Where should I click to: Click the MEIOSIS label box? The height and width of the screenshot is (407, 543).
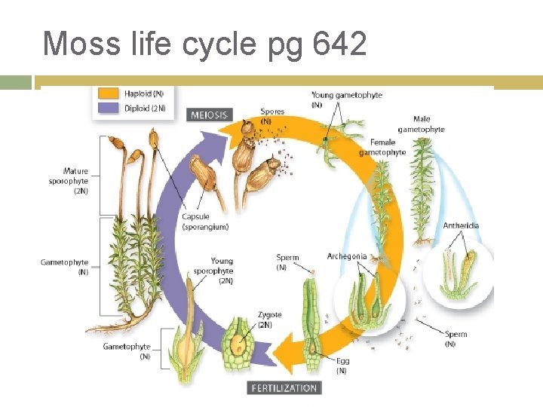pos(210,115)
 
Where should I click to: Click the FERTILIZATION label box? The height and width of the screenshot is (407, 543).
pos(284,387)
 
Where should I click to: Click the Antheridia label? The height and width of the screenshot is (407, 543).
pos(461,225)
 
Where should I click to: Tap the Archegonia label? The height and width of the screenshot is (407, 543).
pos(347,256)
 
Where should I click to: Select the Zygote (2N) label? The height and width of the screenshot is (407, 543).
pos(269,320)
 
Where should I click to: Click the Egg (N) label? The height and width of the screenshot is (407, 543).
pos(342,366)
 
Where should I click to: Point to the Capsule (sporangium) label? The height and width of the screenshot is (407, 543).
pos(204,222)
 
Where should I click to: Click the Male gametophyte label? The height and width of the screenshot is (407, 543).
pos(422,124)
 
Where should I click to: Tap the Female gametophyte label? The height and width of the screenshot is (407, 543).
pos(382,147)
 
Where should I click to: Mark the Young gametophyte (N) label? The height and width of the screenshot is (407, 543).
pos(346,99)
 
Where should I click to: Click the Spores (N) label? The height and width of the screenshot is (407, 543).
pos(272,115)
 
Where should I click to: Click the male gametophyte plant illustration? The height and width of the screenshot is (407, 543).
pos(422,188)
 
